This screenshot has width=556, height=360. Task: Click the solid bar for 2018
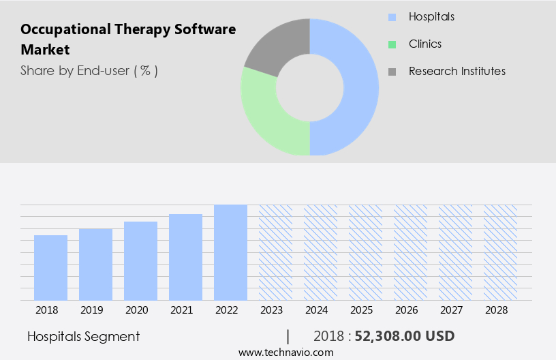tap(50, 267)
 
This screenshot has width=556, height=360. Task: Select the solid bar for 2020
tap(140, 260)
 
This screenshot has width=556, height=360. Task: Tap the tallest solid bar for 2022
tap(230, 252)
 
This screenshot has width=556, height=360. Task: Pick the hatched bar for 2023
tap(275, 252)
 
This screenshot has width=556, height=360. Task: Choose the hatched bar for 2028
tap(500, 252)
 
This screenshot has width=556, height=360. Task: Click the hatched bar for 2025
tap(365, 252)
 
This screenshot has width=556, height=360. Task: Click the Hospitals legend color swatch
tap(391, 17)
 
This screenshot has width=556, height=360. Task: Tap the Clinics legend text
tap(425, 44)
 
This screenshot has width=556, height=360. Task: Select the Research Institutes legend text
tap(457, 71)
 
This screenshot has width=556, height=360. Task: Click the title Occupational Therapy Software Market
tap(128, 40)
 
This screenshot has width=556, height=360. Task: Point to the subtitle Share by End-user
tap(89, 70)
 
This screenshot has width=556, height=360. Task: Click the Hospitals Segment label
tap(84, 336)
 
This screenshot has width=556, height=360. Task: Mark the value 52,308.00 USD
tap(405, 336)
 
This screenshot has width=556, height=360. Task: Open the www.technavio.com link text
tap(285, 352)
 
